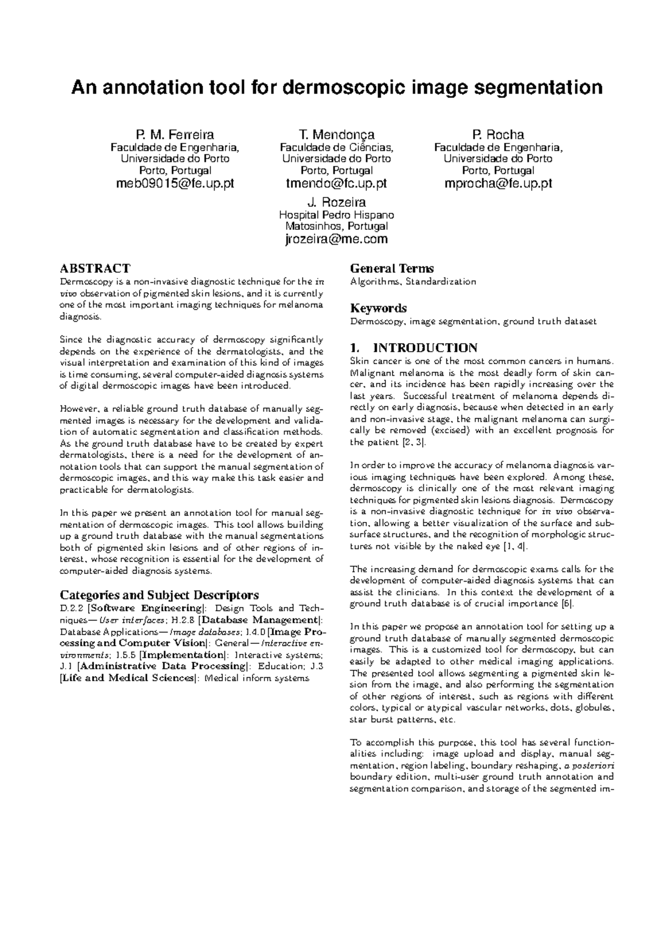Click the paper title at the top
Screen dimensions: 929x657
(336, 87)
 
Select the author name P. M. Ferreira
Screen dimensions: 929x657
(175, 135)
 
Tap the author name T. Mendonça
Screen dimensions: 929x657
(336, 135)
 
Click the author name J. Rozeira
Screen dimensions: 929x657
(337, 202)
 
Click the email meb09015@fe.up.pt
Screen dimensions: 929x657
(175, 183)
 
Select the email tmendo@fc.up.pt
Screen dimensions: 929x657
(336, 183)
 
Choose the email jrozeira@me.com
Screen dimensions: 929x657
(337, 239)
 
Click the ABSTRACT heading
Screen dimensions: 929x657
(95, 268)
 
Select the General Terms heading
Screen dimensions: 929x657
(391, 268)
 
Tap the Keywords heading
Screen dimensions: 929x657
(378, 308)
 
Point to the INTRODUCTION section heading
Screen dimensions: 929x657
(425, 348)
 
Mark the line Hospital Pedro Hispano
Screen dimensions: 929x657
(337, 215)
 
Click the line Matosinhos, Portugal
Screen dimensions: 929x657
(337, 227)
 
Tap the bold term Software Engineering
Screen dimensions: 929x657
(146, 608)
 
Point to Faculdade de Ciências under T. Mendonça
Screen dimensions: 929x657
(336, 147)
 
